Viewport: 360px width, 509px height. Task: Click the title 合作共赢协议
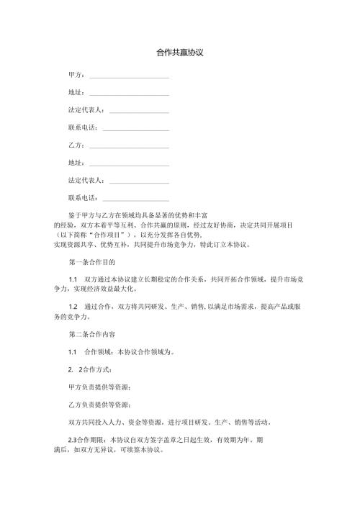(180, 53)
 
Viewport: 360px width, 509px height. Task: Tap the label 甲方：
(76, 75)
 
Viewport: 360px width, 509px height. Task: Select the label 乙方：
(76, 145)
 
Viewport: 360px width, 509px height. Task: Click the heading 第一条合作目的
(91, 261)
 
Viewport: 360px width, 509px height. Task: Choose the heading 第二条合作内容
(91, 334)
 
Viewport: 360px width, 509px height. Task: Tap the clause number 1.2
(73, 307)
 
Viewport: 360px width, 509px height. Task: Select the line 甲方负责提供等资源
(99, 387)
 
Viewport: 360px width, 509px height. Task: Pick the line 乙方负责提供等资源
(99, 404)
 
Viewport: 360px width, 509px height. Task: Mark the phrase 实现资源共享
(75, 244)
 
